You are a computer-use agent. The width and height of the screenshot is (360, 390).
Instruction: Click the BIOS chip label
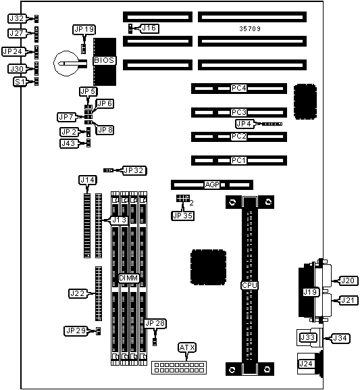coord(104,60)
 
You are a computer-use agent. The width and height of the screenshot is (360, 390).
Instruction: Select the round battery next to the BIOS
coord(67,64)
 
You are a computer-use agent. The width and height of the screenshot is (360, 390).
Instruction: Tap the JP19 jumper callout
coord(84,29)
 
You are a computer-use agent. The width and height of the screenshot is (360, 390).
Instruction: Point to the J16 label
coord(149,28)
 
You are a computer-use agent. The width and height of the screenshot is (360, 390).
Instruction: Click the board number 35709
coord(250,28)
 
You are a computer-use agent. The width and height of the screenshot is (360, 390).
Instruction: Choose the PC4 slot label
coord(238,88)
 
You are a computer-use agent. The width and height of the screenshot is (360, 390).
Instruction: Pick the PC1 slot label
coord(238,160)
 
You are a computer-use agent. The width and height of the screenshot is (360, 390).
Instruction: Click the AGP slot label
coord(212,185)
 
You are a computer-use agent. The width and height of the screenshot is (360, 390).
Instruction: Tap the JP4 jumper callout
coord(244,124)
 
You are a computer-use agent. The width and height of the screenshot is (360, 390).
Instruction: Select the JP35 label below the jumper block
coord(183,216)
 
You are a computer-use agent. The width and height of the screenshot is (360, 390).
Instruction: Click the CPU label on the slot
coord(249,285)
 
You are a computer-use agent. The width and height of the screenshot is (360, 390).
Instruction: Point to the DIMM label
coord(128,278)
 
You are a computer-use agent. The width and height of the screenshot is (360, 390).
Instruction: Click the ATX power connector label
coord(187,347)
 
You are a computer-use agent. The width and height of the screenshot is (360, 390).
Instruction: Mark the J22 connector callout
coord(78,293)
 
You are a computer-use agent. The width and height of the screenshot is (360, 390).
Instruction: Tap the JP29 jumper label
coord(76,331)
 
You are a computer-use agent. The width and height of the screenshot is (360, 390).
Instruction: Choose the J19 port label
coord(311,292)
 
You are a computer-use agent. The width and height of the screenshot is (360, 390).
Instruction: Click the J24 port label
coord(305,364)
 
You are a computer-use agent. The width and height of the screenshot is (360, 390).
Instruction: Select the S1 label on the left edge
coord(20,82)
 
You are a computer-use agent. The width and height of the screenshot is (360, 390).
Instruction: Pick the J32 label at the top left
coord(17,18)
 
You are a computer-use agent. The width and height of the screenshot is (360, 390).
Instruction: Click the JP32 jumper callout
coord(134,170)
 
